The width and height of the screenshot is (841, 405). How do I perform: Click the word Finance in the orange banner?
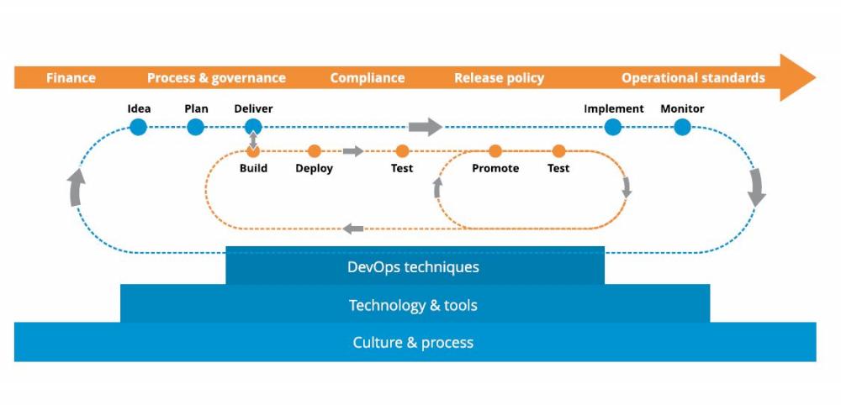71,78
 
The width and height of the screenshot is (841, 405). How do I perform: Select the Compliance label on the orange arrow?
367,78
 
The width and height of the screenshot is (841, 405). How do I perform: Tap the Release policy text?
499,78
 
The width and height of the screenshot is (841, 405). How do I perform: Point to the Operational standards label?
693,78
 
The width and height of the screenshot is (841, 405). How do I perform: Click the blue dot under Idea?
139,127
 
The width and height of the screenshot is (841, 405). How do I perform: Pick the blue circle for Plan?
196,127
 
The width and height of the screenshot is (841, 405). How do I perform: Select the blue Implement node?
613,127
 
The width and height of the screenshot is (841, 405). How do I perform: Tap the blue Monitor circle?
682,127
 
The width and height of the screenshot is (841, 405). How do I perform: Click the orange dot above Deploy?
315,151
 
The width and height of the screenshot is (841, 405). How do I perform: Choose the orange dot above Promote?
495,151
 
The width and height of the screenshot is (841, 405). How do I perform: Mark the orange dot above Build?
253,151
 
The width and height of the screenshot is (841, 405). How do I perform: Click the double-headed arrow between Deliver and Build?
253,139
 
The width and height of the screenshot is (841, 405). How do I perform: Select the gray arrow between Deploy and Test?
353,151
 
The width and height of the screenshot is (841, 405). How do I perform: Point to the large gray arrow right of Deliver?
426,127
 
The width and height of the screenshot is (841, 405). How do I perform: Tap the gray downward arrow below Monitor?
757,187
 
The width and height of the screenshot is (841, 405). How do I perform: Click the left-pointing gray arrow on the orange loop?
353,228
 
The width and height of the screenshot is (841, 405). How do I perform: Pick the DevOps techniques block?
414,267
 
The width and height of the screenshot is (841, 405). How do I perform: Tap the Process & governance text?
216,78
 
